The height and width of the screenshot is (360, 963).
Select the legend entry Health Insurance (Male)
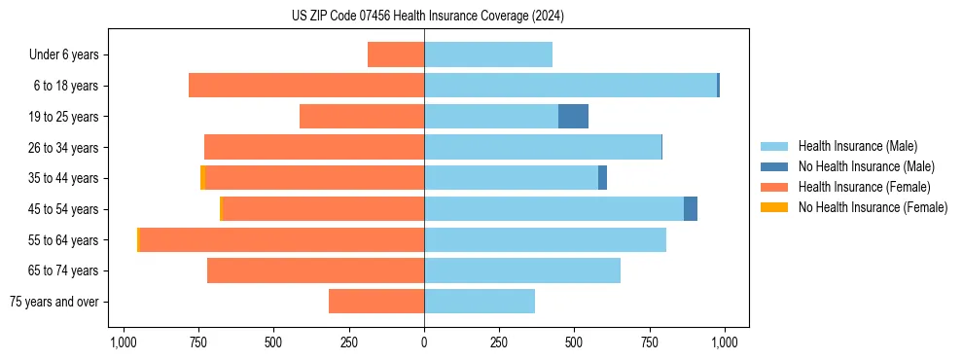pos(857,146)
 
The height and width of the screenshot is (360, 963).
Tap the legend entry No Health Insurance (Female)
pos(873,207)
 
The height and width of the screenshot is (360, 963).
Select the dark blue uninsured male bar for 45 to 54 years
pos(691,209)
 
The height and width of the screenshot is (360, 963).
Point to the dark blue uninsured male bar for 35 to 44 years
pos(602,178)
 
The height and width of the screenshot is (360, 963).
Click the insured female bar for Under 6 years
pos(396,55)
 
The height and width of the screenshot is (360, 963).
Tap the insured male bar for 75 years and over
pos(480,302)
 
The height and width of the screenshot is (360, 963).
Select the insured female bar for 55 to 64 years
pos(281,240)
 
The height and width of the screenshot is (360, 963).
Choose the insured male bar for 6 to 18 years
pos(570,86)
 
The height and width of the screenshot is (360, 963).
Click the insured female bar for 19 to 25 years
pos(362,117)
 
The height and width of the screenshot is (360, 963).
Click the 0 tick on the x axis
pos(424,342)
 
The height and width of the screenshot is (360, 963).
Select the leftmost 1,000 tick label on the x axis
pos(123,342)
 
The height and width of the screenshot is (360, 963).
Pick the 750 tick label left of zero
pos(198,342)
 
